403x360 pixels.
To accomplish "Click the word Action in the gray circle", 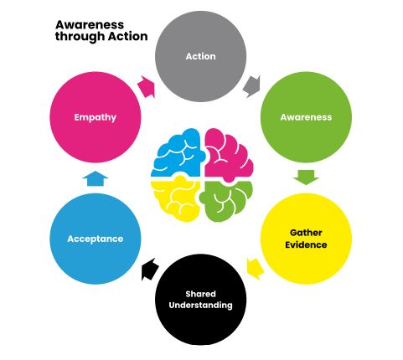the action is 200,56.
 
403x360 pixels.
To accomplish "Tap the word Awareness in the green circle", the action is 306,117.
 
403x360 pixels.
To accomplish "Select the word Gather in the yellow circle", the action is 306,233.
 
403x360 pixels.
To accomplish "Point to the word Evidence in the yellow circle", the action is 306,244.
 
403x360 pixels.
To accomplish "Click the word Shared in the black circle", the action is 200,294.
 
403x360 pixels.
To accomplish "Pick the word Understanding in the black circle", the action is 200,305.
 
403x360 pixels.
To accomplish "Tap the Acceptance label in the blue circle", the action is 96,239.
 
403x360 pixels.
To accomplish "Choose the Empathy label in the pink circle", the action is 96,117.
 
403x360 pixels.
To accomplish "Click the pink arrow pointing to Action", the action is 146,86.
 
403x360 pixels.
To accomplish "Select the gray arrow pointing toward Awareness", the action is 252,86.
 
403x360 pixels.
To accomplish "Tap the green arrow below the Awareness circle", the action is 306,177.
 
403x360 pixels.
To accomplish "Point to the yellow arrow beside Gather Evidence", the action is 256,269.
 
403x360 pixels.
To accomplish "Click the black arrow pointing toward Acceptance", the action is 150,269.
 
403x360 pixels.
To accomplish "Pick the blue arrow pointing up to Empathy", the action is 96,178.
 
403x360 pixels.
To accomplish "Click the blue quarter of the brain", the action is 178,152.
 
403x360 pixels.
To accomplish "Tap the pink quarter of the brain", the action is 228,154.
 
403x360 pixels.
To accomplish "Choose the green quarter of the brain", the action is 226,201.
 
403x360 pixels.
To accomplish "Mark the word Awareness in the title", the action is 90,25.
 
